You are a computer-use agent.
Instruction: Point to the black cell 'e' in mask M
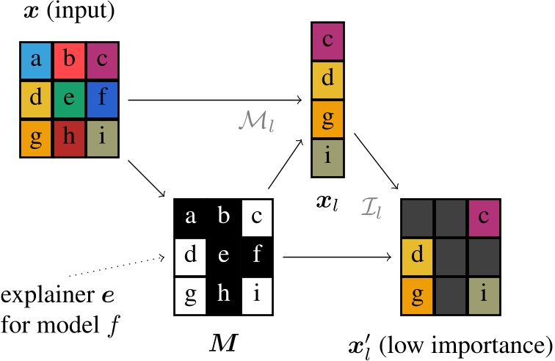222,258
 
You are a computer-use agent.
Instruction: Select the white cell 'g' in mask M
189,296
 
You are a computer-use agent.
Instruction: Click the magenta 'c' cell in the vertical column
327,40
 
